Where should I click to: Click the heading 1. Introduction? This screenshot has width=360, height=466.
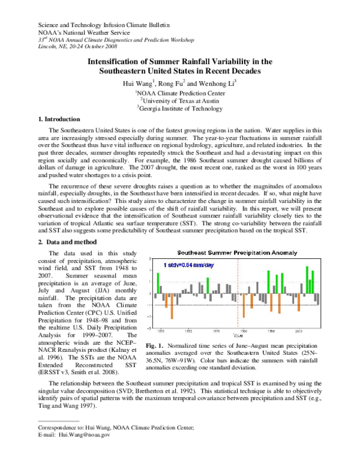[51, 120]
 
